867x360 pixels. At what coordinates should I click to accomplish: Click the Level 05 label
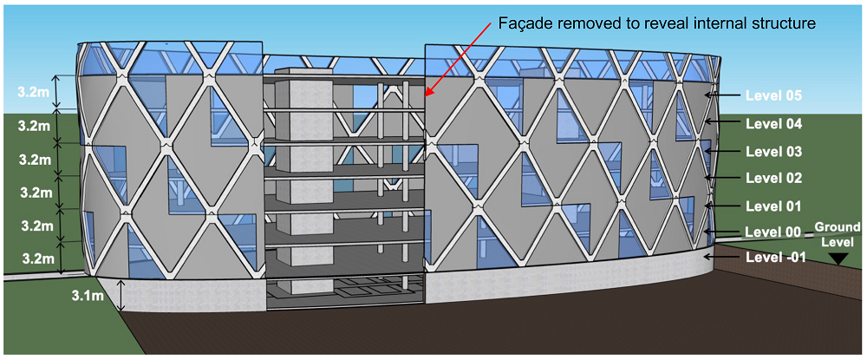[x=773, y=96]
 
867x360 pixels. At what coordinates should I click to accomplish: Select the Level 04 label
[x=773, y=124]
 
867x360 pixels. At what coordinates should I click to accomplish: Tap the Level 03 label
[x=773, y=152]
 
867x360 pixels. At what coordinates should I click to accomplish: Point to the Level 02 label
[x=773, y=179]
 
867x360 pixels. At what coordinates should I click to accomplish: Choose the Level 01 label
[x=773, y=206]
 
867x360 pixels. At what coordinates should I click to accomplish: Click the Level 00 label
[x=773, y=232]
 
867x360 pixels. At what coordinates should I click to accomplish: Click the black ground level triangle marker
[x=838, y=259]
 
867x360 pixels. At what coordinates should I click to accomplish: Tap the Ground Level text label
[x=838, y=233]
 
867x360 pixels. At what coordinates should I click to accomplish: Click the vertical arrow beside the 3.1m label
[x=121, y=297]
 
